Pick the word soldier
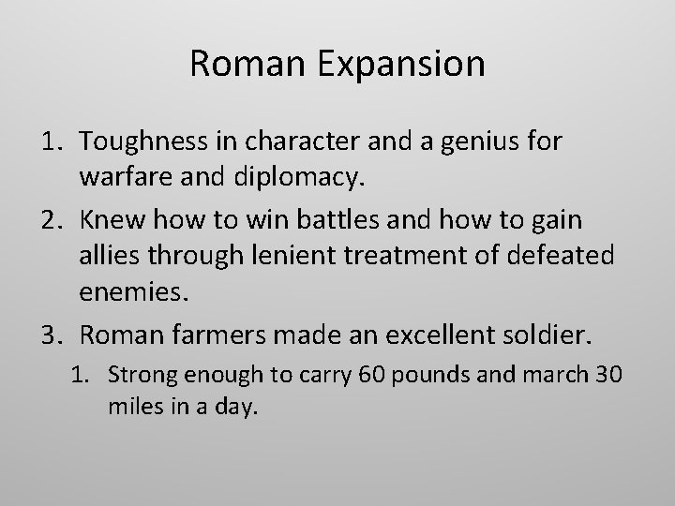pos(566,333)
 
